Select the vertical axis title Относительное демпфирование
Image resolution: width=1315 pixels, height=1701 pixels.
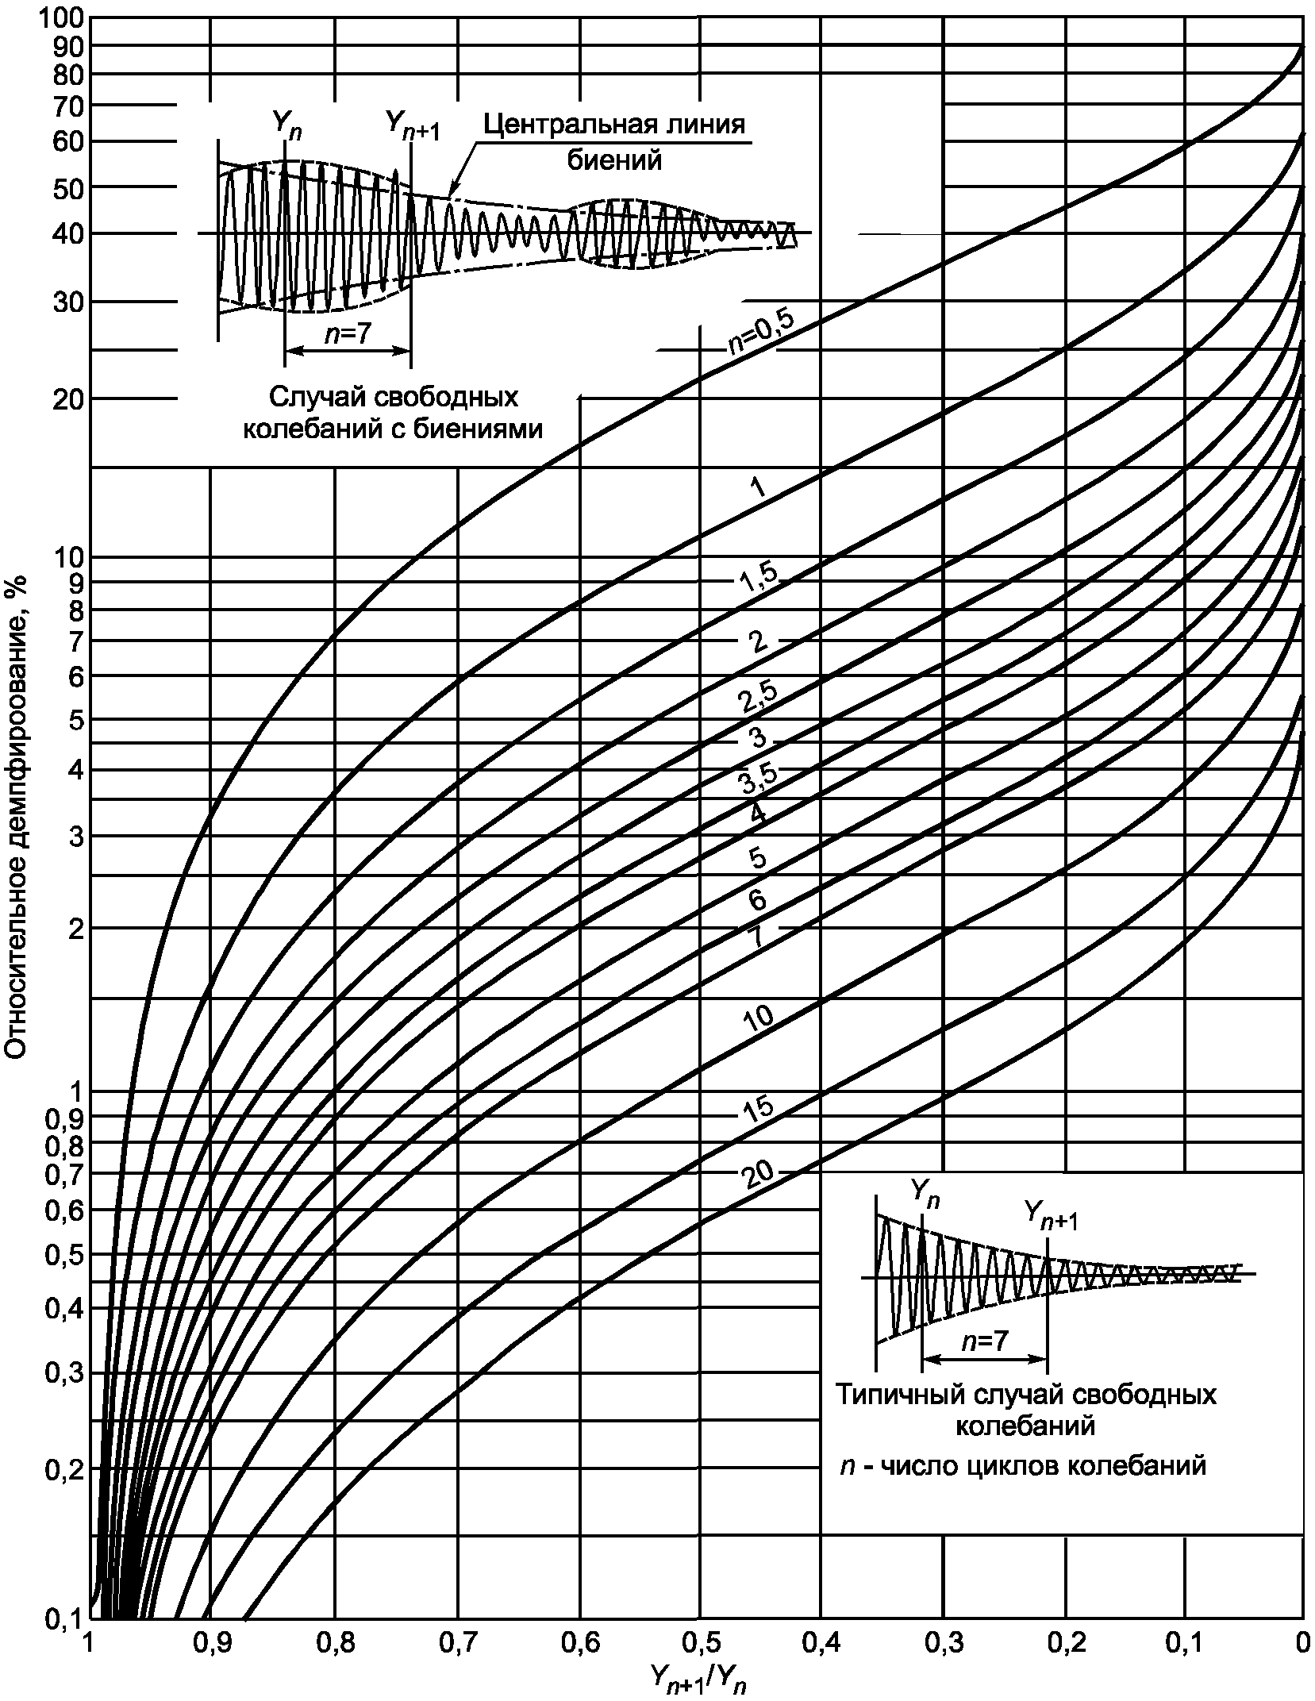[x=17, y=822]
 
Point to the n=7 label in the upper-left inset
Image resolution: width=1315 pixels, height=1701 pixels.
[x=348, y=335]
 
